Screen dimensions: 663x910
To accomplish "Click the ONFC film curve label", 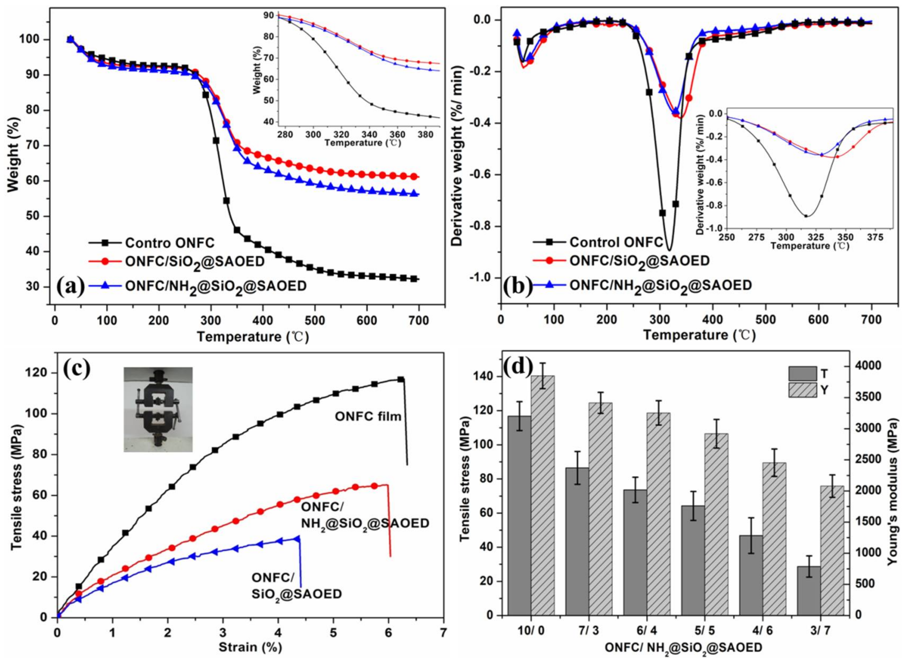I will click(x=368, y=417).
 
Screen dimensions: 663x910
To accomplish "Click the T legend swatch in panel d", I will click(x=802, y=373).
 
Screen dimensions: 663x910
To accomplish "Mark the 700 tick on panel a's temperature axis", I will click(x=418, y=321).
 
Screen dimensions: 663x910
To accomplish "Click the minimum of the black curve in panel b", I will click(x=669, y=250).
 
